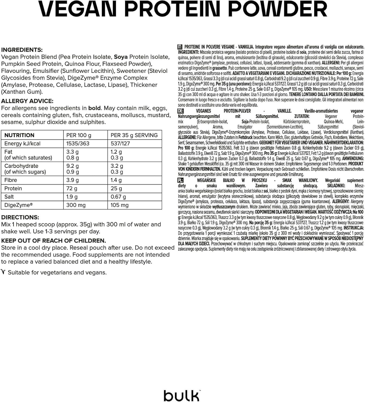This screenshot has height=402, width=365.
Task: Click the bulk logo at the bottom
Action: pyautogui.click(x=182, y=395)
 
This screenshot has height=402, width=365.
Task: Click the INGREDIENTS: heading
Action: pyautogui.click(x=22, y=50)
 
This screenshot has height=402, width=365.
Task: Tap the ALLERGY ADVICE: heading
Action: pyautogui.click(x=27, y=101)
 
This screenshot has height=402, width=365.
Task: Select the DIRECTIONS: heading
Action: pyautogui.click(x=20, y=217)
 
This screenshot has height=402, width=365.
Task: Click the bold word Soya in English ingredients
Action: pyautogui.click(x=121, y=57)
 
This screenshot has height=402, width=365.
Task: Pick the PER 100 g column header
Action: pyautogui.click(x=79, y=135)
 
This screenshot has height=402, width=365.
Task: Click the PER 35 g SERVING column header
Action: pyautogui.click(x=134, y=135)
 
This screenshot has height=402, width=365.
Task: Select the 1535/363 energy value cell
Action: pyautogui.click(x=78, y=143)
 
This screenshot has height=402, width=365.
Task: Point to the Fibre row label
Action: pyautogui.click(x=11, y=180)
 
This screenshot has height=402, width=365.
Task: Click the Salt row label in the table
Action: pyautogui.click(x=9, y=197)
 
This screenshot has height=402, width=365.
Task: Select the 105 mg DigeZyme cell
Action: pyautogui.click(x=119, y=205)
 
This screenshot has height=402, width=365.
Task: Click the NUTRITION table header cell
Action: pyautogui.click(x=19, y=135)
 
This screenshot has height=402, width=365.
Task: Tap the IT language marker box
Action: pyautogui.click(x=180, y=47)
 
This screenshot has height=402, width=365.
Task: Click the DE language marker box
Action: pyautogui.click(x=180, y=111)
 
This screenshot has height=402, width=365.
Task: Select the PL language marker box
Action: pyautogui.click(x=180, y=180)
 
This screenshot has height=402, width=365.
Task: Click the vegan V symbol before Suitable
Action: pyautogui.click(x=3, y=272)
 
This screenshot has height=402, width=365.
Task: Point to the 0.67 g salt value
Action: pyautogui.click(x=118, y=197)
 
